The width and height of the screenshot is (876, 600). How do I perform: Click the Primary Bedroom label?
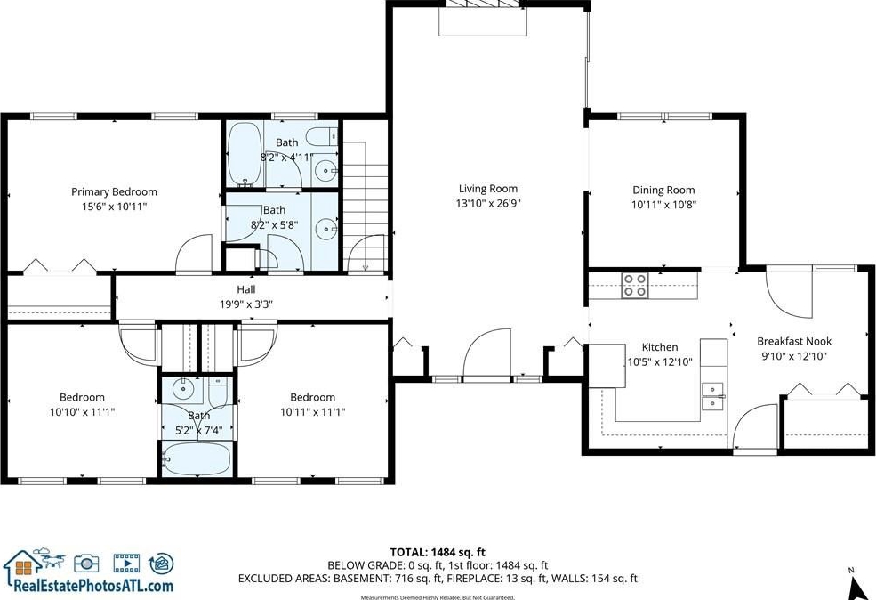114,191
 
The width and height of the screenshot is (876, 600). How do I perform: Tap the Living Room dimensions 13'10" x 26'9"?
488,204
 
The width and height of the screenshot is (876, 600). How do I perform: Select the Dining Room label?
663,191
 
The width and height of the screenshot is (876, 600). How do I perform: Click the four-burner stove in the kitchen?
635,285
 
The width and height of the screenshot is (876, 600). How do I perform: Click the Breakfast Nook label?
794,341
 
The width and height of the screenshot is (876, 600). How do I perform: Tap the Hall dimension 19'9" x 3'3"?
246,304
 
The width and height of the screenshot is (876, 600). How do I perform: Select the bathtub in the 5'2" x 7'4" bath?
196,458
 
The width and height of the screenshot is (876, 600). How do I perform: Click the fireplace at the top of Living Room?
483,17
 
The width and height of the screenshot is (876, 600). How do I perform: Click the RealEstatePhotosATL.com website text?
93,586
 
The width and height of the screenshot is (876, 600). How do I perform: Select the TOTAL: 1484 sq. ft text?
438,553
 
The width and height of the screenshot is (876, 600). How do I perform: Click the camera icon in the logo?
86,563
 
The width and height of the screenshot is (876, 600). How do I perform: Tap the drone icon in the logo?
51,557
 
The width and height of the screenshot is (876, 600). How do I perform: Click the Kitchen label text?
660,347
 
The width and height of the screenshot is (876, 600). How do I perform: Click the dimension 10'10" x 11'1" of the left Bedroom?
82,412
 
